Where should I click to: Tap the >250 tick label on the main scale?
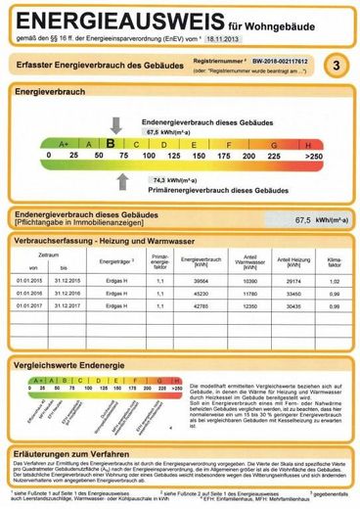tap(313, 156)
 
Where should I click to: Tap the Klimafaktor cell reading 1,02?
tap(331, 280)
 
